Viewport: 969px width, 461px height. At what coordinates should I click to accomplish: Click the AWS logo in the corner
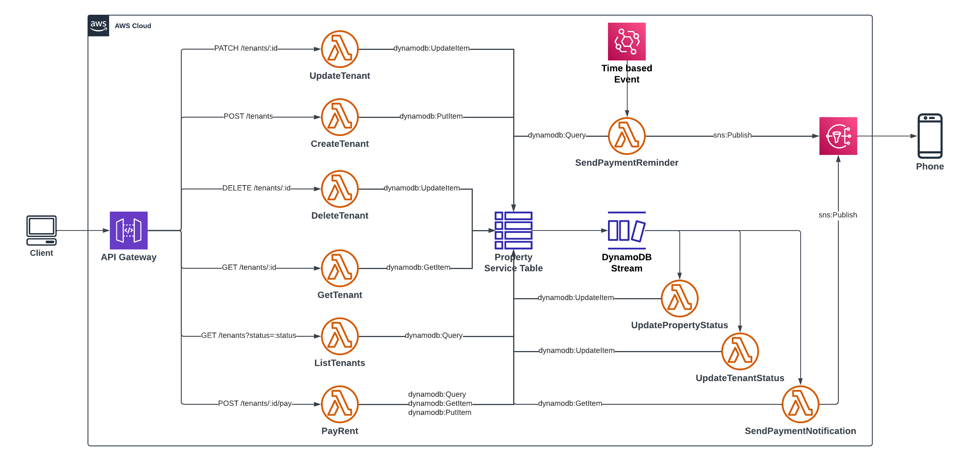click(99, 26)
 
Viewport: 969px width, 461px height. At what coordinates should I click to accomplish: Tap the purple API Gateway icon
click(129, 230)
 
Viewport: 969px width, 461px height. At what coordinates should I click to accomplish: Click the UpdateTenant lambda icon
click(339, 49)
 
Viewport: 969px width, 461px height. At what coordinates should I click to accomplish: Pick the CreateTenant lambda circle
click(339, 117)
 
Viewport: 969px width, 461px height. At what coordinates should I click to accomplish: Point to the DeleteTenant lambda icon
click(339, 189)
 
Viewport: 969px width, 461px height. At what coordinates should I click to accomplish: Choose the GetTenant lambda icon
click(339, 268)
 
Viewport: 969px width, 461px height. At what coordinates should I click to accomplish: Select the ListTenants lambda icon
click(339, 336)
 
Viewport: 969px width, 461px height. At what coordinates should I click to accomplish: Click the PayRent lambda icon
click(339, 404)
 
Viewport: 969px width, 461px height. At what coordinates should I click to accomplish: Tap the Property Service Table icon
click(514, 230)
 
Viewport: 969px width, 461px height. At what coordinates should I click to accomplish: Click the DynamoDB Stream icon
click(627, 230)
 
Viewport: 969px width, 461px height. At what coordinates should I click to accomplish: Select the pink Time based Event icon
click(627, 42)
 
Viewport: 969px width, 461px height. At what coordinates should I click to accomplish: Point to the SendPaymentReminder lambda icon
click(627, 136)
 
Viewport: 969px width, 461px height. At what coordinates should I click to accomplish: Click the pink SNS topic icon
click(838, 136)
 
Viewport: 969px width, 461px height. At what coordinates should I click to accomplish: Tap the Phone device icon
click(930, 136)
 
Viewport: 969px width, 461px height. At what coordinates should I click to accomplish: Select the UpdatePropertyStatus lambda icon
click(680, 299)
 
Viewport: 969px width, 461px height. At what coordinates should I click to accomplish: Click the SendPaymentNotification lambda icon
click(801, 404)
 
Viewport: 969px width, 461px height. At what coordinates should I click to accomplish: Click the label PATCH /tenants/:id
click(246, 48)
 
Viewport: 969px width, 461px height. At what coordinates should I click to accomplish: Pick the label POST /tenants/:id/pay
click(255, 404)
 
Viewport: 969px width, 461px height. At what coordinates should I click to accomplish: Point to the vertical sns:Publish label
click(838, 215)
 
